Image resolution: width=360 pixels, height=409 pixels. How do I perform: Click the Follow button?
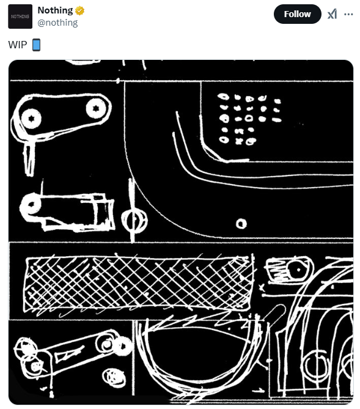click(297, 14)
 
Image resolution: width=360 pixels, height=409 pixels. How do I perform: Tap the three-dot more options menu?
click(349, 14)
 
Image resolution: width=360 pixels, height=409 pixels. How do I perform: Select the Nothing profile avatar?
click(20, 17)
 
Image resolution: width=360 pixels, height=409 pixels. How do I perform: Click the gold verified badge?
click(80, 10)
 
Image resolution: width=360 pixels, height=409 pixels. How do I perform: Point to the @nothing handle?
click(57, 23)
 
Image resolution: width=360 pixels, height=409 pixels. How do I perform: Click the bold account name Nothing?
click(55, 10)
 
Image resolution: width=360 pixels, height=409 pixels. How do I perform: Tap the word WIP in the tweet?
click(18, 45)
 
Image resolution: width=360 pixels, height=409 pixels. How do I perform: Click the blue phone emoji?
click(36, 45)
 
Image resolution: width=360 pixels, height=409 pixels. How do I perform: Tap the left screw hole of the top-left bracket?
click(31, 118)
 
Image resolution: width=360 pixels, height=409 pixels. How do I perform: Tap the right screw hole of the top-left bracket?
click(94, 109)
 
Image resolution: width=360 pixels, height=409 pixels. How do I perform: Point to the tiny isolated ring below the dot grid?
click(241, 224)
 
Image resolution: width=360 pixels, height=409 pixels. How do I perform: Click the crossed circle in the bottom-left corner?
click(26, 349)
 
